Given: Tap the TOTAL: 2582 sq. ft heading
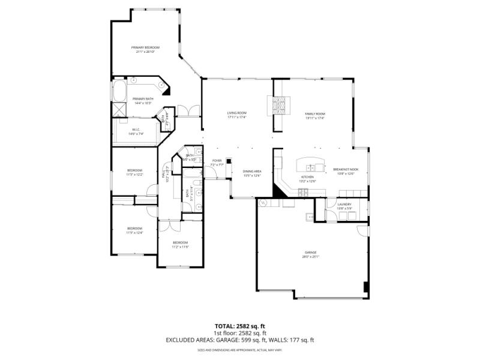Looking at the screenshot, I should (x=240, y=326).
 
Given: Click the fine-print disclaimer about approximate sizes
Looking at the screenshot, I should (x=240, y=349).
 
